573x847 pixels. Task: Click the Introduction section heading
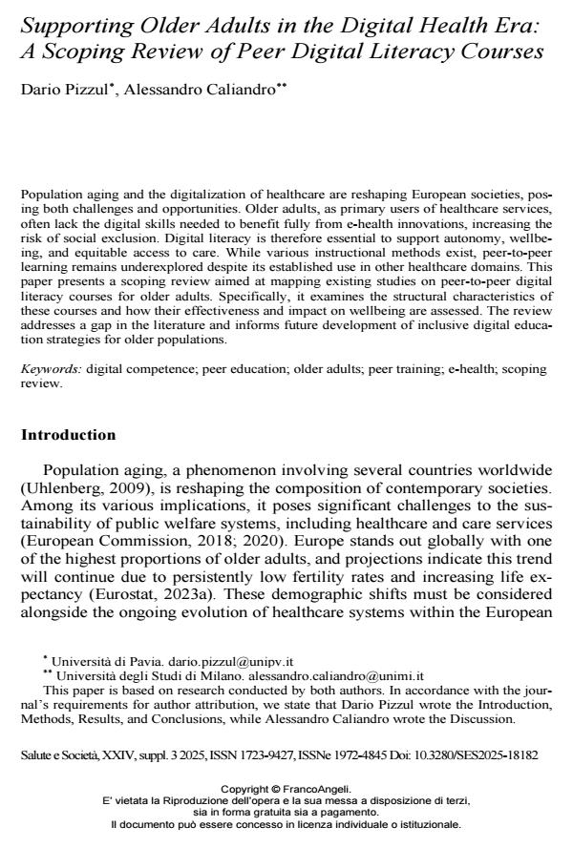coord(68,435)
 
